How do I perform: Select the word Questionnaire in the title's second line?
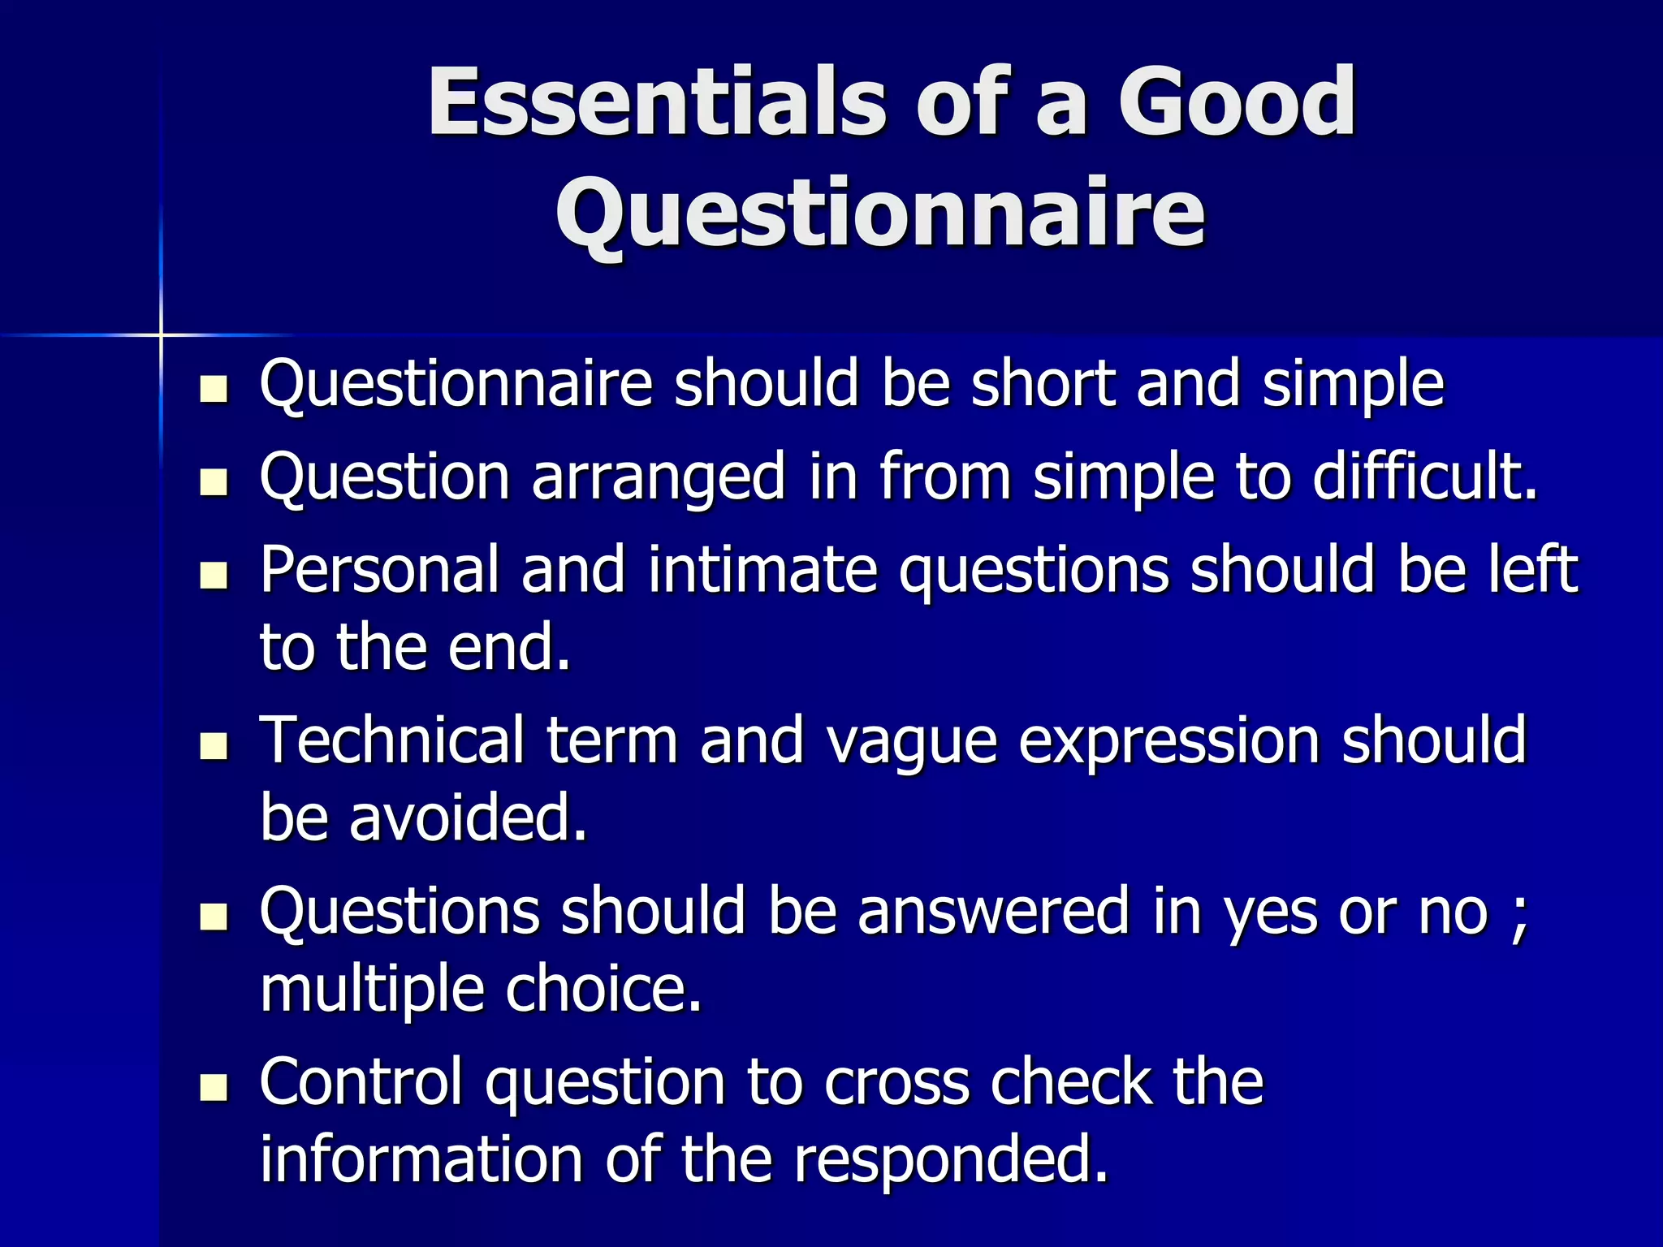880,214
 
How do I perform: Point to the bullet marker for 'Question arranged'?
214,482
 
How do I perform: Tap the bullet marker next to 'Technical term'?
214,745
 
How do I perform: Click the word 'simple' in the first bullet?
1353,386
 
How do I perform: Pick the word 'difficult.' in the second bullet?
1425,477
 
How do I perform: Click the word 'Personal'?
378,569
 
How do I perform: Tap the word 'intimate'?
762,569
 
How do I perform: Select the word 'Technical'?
391,740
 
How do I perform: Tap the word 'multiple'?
371,990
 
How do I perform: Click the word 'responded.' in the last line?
950,1160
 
